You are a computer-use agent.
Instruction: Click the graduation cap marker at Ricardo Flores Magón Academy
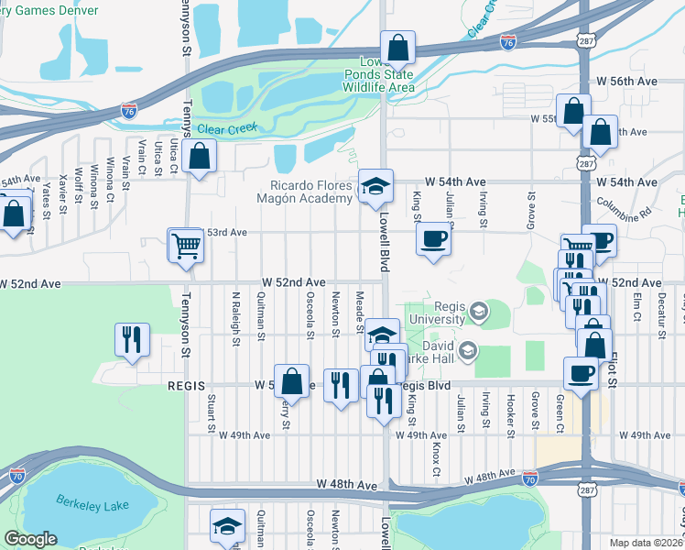coord(375,187)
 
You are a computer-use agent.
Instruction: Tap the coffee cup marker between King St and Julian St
coord(433,239)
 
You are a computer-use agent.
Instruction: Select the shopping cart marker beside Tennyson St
coord(186,245)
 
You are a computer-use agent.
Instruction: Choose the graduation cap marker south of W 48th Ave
coord(227,526)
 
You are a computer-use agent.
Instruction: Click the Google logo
coord(30,539)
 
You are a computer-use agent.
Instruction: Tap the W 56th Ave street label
coord(628,82)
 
